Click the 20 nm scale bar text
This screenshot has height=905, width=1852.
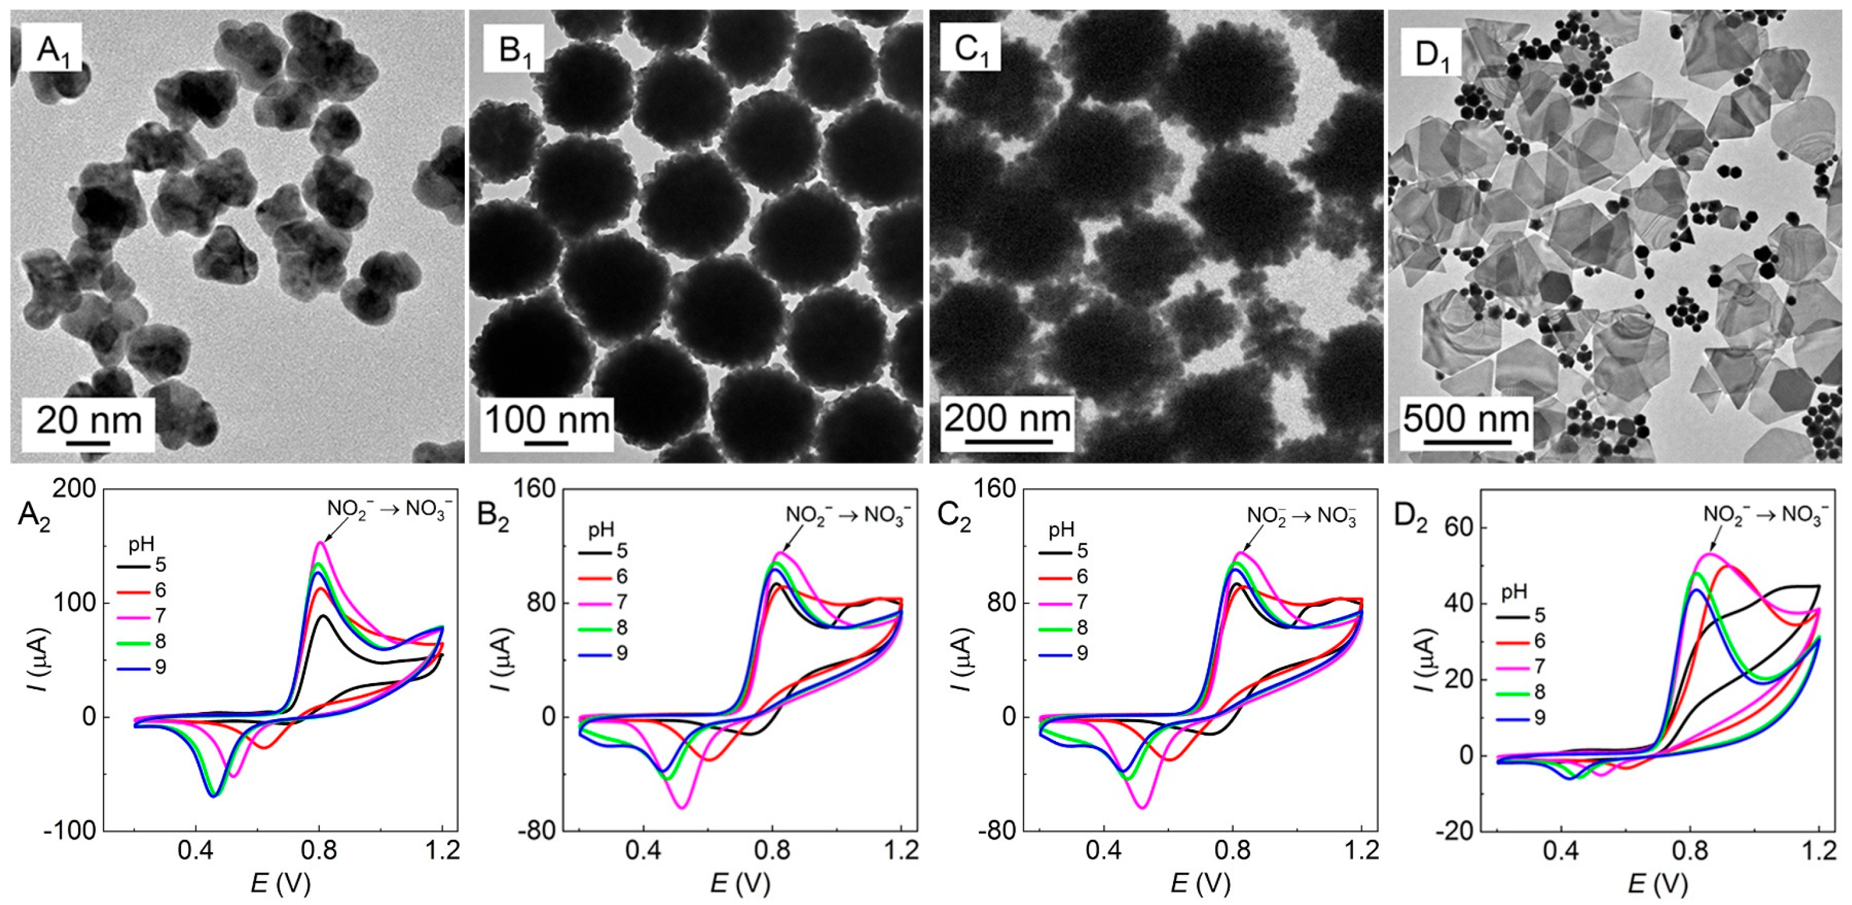[88, 420]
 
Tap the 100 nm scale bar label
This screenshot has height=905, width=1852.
[547, 419]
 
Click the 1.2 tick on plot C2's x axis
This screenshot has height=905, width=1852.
[1361, 851]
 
